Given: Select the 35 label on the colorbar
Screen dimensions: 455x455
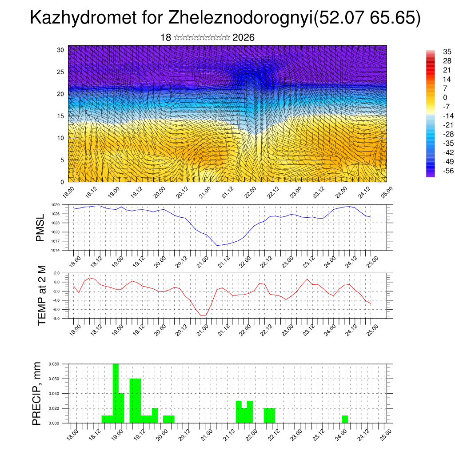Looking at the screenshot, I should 447,52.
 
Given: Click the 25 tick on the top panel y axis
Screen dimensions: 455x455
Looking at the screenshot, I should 60,72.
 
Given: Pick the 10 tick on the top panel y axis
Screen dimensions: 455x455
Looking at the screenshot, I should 60,138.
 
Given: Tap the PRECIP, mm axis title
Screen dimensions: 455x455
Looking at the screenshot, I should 37,393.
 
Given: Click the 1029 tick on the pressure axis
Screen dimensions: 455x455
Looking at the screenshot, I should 55,205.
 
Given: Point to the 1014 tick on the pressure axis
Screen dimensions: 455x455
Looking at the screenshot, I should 55,250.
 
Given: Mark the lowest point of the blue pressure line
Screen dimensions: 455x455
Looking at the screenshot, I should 217,245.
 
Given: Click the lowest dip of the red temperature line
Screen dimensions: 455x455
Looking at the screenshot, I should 202,315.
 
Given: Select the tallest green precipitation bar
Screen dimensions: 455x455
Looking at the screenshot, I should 116,393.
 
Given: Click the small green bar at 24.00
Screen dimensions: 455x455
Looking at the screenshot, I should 345,419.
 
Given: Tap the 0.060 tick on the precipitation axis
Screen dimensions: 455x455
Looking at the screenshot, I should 54,379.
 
